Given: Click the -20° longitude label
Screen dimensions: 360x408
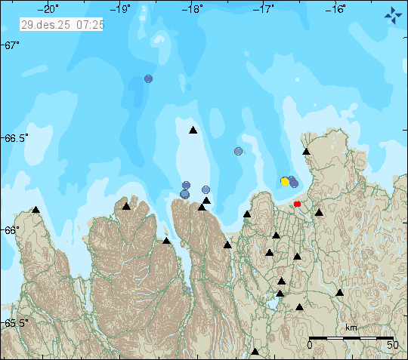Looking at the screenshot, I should (x=51, y=9).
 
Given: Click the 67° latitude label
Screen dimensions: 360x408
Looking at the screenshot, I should (x=11, y=45).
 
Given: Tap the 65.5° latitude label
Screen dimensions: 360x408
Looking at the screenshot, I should (x=15, y=323).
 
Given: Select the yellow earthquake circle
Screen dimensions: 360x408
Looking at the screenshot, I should (x=285, y=181).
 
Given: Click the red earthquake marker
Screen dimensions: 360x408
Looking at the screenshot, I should (x=297, y=204).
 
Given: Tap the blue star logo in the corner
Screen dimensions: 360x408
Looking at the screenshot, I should (x=393, y=14).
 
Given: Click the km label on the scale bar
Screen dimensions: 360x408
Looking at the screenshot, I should (x=351, y=328).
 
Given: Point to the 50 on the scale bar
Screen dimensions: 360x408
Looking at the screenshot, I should (x=392, y=345).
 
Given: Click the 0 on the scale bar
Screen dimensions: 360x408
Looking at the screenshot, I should (x=310, y=345).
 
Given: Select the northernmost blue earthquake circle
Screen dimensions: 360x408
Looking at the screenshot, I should (x=149, y=78).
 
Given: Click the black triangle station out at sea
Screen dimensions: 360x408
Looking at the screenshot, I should (x=193, y=131).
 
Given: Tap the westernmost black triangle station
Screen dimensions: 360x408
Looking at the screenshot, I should (x=36, y=209).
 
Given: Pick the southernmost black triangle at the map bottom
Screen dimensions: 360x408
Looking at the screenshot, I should (x=255, y=351).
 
